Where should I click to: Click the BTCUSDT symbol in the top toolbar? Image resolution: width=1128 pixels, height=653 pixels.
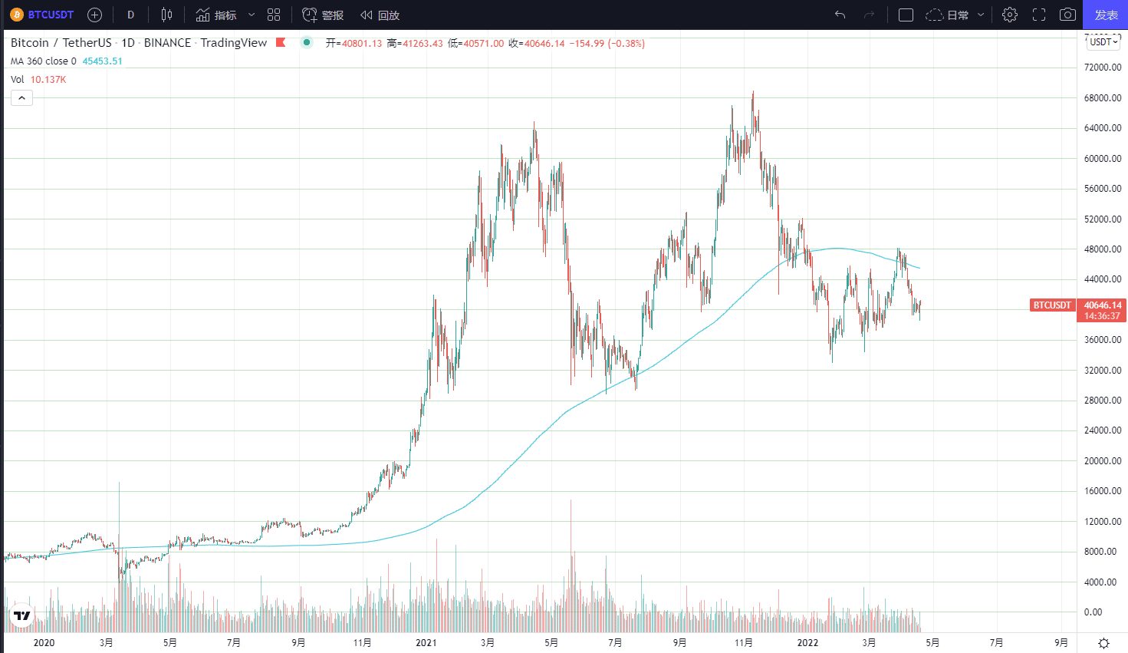(43, 15)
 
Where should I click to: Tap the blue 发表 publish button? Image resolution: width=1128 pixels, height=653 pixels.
(1105, 15)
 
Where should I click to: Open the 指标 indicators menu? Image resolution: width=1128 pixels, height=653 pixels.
(217, 15)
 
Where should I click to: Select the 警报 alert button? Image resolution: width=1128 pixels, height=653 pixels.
(323, 15)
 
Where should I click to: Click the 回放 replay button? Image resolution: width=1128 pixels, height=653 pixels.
(380, 15)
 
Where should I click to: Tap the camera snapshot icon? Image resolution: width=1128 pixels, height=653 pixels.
(1067, 15)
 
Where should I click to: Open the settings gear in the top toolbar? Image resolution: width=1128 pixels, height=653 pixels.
(1010, 15)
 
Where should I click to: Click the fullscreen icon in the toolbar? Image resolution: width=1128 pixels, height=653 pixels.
(1039, 15)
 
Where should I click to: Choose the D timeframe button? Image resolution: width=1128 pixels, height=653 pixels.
(130, 15)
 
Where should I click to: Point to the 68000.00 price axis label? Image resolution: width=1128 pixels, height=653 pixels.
(1103, 97)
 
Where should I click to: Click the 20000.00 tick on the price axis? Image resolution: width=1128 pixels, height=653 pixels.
(1103, 460)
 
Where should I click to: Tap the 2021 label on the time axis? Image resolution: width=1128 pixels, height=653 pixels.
(426, 642)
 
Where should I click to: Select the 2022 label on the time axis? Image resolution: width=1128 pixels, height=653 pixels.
(807, 642)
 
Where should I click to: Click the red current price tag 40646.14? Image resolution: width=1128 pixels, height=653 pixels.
(1102, 305)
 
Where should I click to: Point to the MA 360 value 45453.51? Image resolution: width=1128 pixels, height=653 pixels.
(102, 61)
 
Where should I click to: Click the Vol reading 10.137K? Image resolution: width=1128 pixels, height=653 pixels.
(48, 80)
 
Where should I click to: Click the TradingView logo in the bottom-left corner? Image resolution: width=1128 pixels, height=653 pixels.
(22, 615)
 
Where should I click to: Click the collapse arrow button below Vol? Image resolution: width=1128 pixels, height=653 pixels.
(21, 98)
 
